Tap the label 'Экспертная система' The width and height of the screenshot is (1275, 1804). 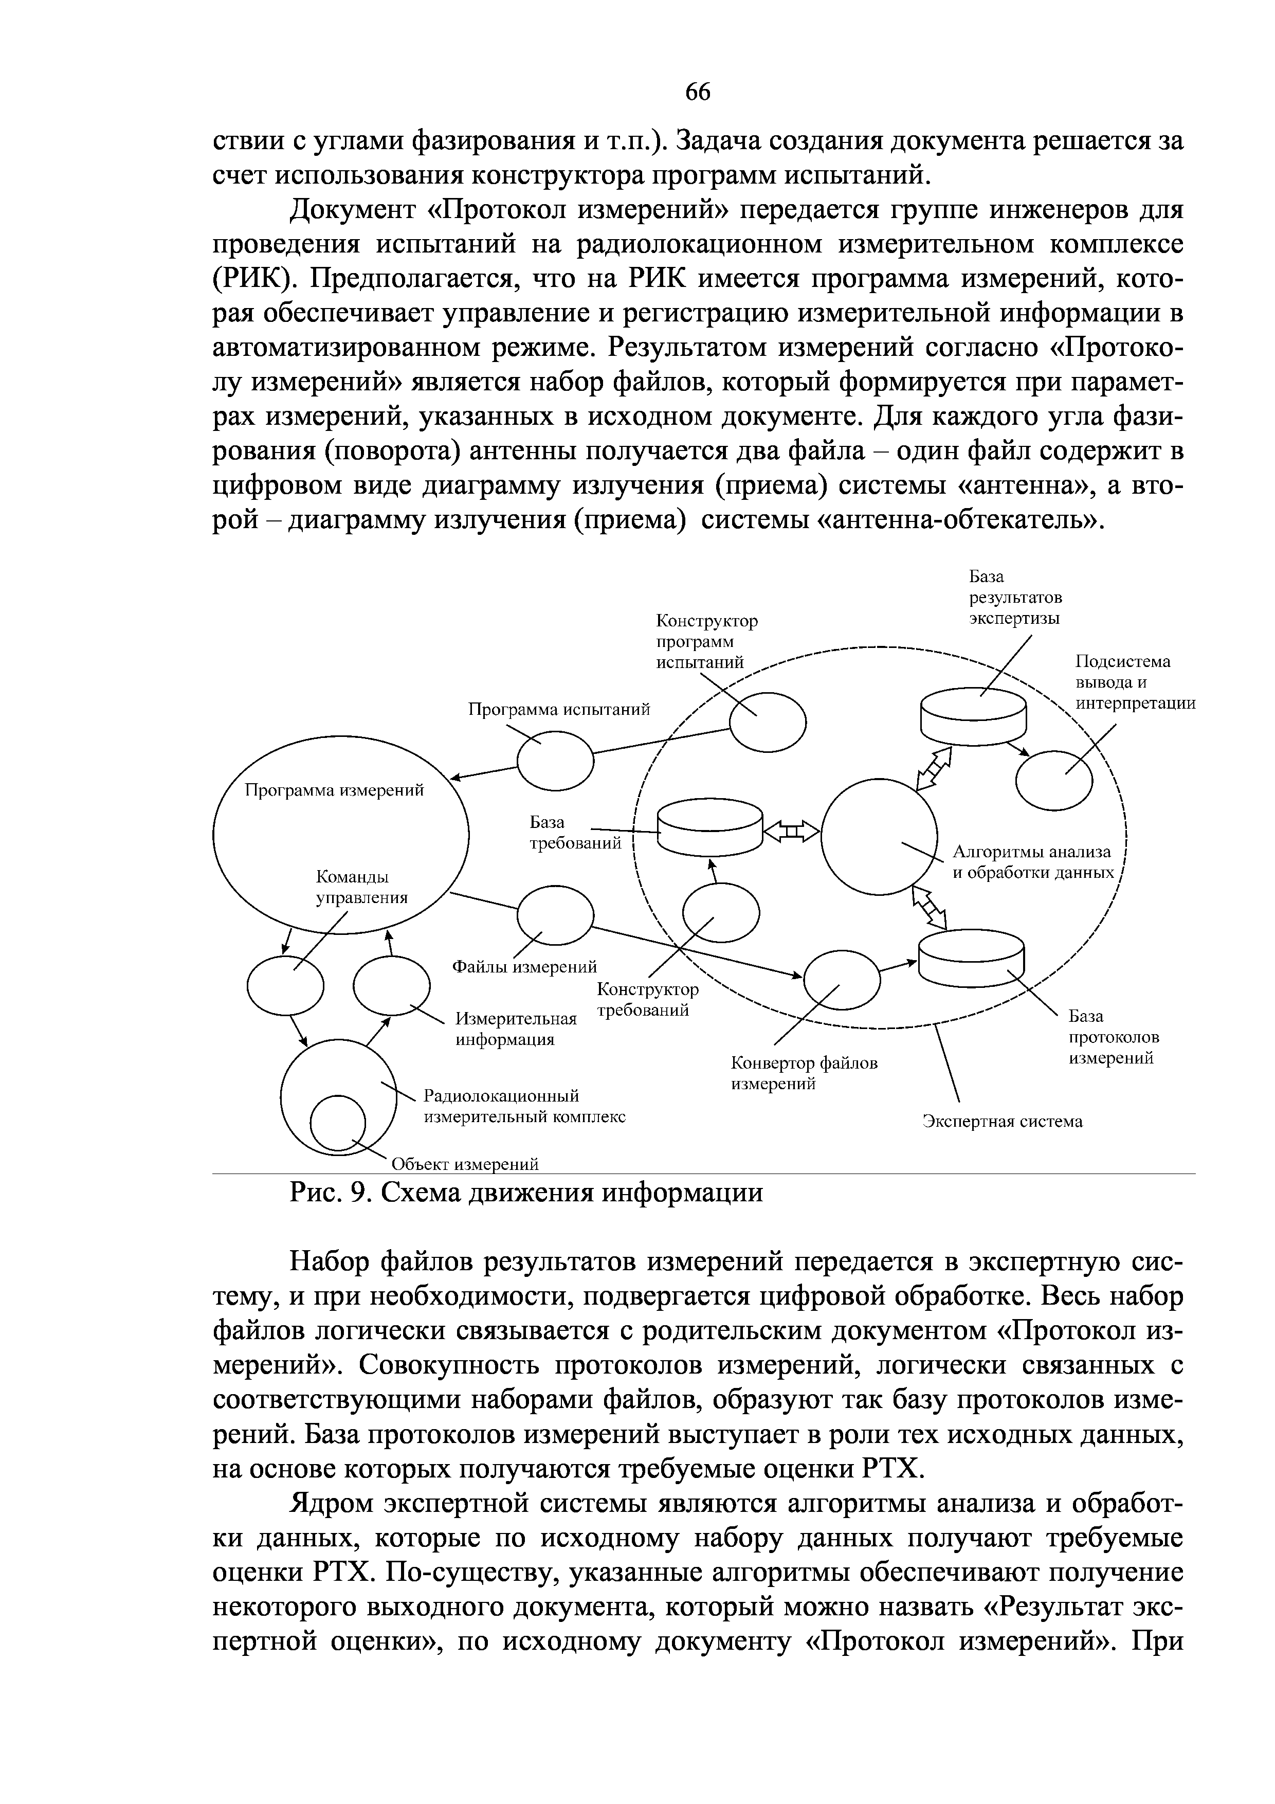pyautogui.click(x=1001, y=1121)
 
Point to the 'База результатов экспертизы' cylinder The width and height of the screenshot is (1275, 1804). pyautogui.click(x=973, y=715)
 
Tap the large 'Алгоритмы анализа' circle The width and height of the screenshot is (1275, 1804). pyautogui.click(x=879, y=836)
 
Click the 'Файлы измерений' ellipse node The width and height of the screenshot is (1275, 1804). pyautogui.click(x=555, y=914)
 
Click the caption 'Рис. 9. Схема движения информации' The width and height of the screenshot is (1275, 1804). pyautogui.click(x=525, y=1193)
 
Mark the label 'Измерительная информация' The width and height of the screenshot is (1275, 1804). pyautogui.click(x=516, y=1030)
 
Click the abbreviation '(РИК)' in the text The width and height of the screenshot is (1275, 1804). pyautogui.click(x=256, y=279)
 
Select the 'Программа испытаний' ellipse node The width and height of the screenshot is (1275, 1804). pyautogui.click(x=555, y=761)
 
